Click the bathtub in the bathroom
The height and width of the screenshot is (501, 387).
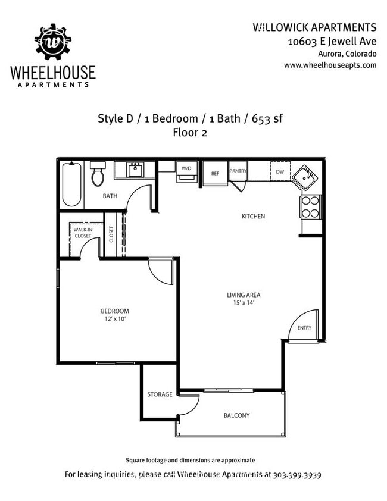point(71,184)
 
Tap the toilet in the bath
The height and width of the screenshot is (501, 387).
point(98,175)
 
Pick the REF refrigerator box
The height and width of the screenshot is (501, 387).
point(215,174)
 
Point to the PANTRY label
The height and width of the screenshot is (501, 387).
point(238,170)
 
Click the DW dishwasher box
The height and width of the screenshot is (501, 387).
point(279,172)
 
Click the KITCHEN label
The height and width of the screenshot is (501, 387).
point(253,216)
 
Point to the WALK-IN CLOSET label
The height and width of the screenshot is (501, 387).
point(83,233)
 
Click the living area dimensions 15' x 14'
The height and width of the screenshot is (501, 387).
point(243,303)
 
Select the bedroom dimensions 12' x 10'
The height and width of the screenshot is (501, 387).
point(114,319)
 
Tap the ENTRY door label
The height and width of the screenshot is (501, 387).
point(304,328)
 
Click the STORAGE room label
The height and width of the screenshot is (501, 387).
point(160,394)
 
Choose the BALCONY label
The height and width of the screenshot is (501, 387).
point(236,415)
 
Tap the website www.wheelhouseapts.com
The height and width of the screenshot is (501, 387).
point(330,65)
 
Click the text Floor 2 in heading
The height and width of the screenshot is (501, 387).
point(189,133)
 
